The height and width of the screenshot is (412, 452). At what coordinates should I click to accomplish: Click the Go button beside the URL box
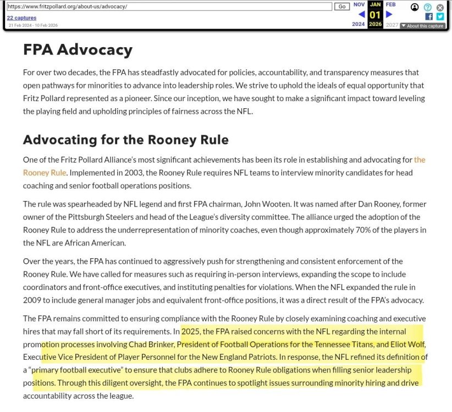click(x=341, y=7)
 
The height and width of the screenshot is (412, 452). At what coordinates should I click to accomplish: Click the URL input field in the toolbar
click(x=169, y=7)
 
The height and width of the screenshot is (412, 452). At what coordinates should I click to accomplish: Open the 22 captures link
click(x=21, y=18)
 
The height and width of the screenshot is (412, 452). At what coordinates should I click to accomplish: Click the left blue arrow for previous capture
click(x=361, y=14)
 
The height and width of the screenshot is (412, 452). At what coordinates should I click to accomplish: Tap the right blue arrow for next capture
click(x=389, y=14)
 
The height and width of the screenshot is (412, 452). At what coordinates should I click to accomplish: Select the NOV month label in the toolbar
click(x=359, y=4)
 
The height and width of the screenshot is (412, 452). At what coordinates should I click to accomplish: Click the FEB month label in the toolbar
click(x=390, y=4)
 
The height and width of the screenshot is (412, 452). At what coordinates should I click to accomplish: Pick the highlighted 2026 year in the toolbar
click(x=375, y=24)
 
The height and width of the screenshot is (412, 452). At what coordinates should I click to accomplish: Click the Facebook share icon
click(x=429, y=16)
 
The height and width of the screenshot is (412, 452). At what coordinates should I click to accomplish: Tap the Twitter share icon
click(x=440, y=16)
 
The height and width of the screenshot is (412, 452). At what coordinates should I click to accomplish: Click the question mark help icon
click(x=428, y=7)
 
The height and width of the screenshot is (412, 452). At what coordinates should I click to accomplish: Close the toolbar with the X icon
click(x=440, y=7)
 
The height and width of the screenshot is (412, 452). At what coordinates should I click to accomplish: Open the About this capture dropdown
click(x=422, y=26)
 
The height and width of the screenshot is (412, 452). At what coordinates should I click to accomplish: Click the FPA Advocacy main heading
click(x=78, y=50)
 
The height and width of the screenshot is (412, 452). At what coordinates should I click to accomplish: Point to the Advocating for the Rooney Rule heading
click(x=125, y=140)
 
